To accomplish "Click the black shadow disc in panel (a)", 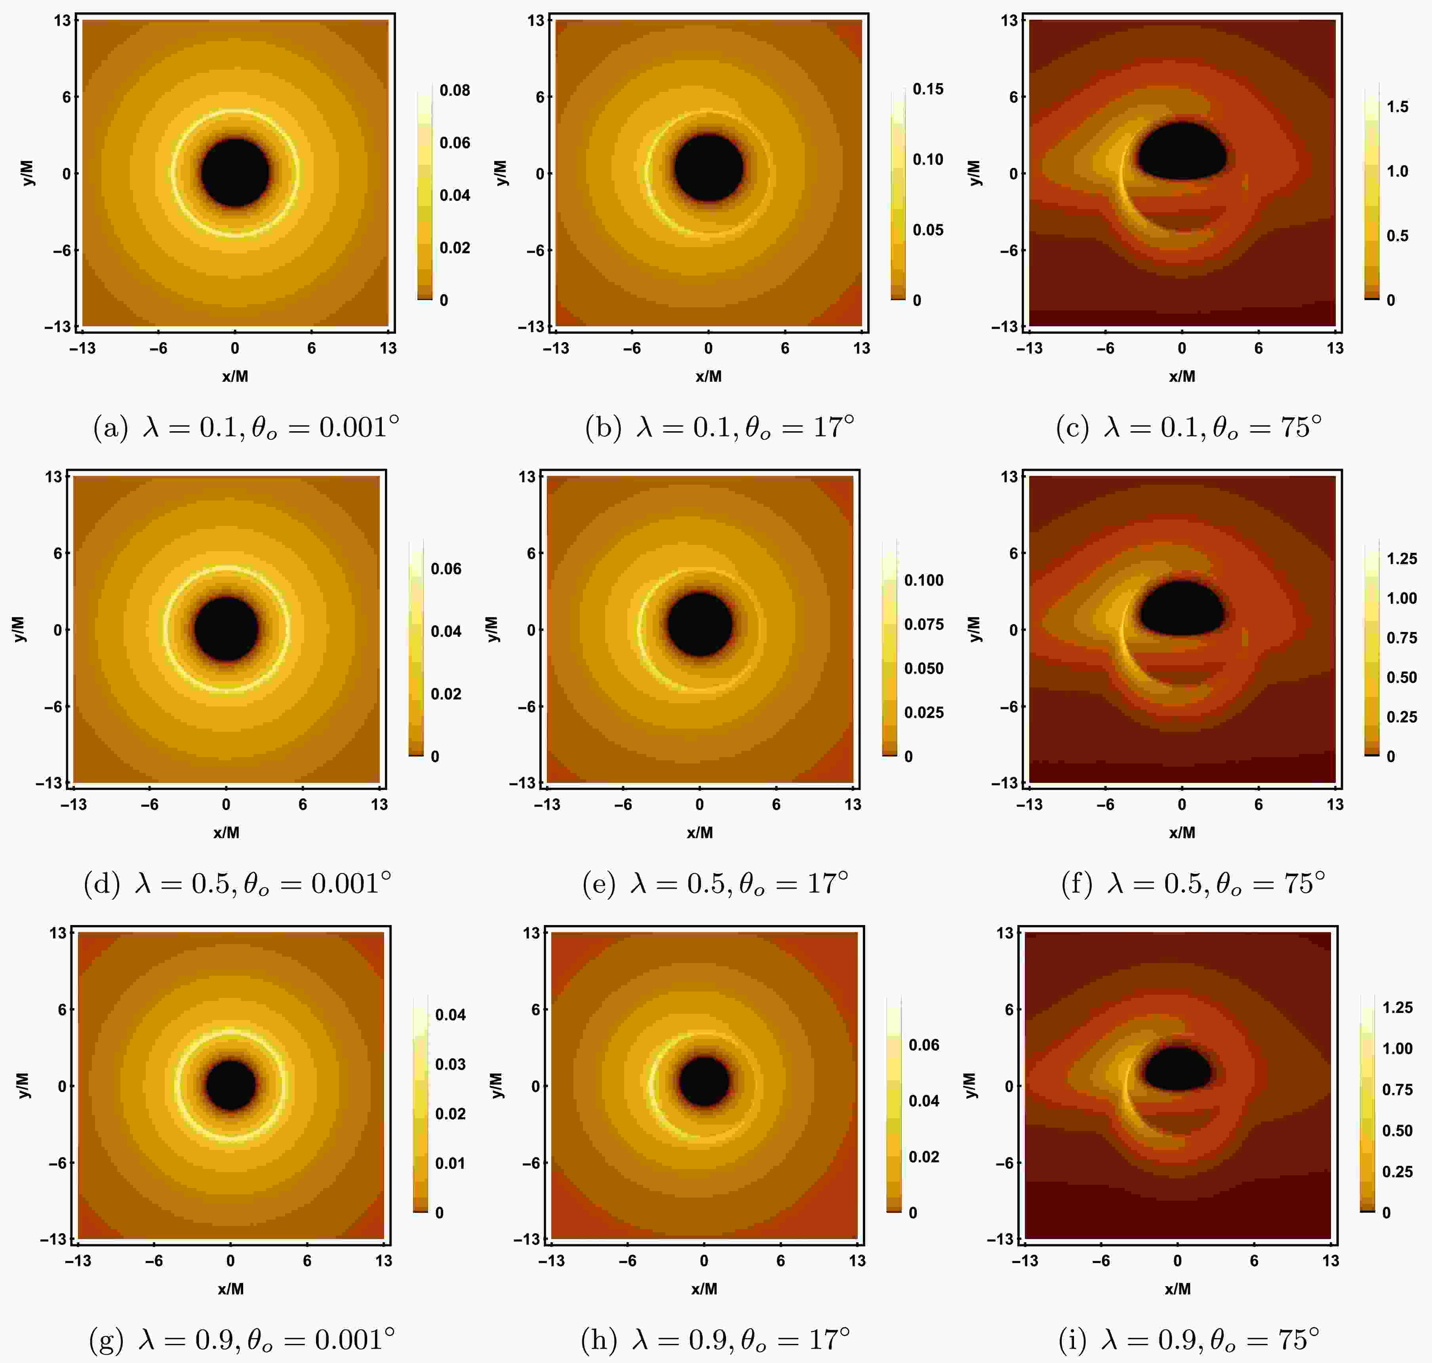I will pos(235,173).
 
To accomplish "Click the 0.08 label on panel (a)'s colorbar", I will pos(455,90).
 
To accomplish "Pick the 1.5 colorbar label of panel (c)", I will pos(1397,107).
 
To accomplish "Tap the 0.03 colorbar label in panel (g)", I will pos(450,1064).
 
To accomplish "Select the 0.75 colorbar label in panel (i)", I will pos(1397,1089).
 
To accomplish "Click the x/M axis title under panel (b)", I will pos(708,376).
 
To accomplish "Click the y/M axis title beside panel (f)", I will pos(975,629).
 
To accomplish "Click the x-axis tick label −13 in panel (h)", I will pos(551,1260).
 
